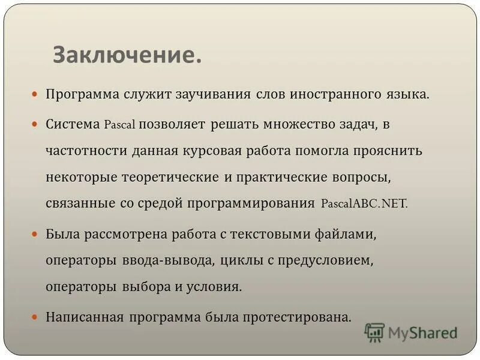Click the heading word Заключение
tap(127, 56)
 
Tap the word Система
tap(72, 124)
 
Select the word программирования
tap(251, 204)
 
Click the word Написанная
tap(84, 316)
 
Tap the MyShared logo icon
tap(375, 332)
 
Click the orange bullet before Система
tap(35, 124)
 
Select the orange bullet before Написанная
tap(35, 316)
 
